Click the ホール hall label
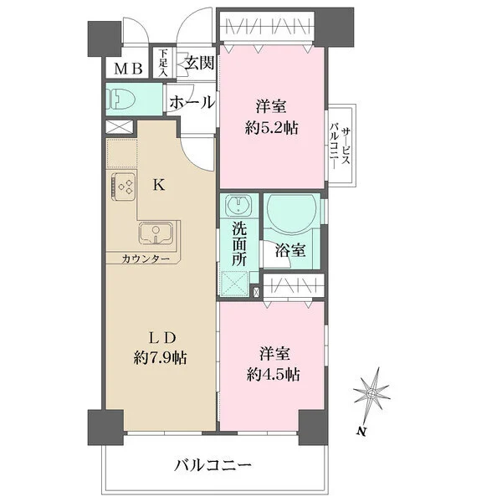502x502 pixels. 191,102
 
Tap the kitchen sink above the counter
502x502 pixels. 155,233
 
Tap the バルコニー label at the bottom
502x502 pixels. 213,464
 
